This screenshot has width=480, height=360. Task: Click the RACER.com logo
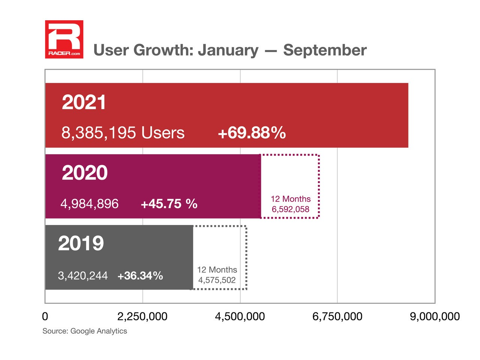[x=64, y=39]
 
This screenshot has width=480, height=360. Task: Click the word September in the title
[x=325, y=50]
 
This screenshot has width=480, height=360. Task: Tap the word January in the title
[x=228, y=50]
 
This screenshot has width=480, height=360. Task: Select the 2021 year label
[x=84, y=102]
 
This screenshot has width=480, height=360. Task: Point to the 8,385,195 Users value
[x=123, y=133]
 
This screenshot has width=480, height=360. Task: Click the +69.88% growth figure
[x=252, y=133]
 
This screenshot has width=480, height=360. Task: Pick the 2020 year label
[x=85, y=173]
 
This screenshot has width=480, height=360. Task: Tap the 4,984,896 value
[x=90, y=204]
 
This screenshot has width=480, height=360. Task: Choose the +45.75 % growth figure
[x=169, y=204]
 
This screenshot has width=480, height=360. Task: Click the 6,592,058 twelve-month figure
[x=291, y=209]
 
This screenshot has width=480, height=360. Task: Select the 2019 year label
[x=81, y=243]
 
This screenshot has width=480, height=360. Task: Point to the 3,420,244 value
[x=83, y=276]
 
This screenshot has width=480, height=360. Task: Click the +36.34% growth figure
[x=140, y=276]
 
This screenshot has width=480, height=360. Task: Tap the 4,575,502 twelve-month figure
[x=217, y=280]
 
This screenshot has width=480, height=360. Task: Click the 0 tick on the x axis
[x=45, y=316]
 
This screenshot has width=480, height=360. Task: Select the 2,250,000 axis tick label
[x=142, y=316]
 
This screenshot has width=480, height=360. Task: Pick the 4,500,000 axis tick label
[x=240, y=316]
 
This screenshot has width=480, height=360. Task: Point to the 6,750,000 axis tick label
[x=337, y=316]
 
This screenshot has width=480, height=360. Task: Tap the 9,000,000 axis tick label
[x=435, y=316]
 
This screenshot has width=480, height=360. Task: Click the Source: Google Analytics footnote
[x=85, y=331]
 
